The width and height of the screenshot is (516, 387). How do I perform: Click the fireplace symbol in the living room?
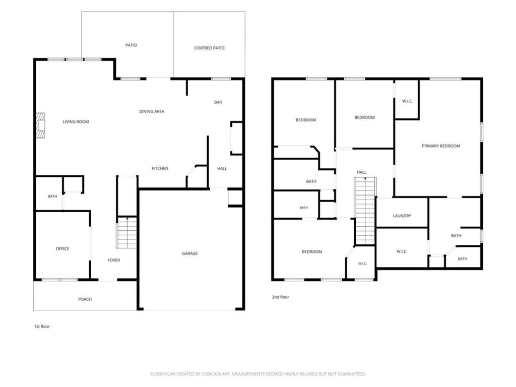(x=40, y=125)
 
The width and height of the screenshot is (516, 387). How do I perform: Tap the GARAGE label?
(x=190, y=253)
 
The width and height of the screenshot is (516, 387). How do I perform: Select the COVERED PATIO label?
(x=209, y=48)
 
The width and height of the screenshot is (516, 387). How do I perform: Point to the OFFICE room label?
(x=62, y=249)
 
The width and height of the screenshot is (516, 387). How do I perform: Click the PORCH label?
(x=85, y=299)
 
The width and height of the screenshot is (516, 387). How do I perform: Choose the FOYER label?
(x=114, y=261)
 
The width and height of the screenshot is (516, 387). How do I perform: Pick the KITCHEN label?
(x=160, y=168)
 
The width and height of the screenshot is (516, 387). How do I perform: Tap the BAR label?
(x=218, y=102)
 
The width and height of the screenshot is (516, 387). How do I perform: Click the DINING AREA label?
(x=152, y=111)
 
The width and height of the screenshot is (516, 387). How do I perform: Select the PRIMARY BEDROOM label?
(x=441, y=146)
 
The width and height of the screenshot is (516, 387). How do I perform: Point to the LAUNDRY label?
(x=402, y=216)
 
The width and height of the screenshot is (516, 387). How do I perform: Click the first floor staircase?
(x=126, y=233)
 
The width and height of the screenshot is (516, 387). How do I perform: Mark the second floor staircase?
(x=365, y=211)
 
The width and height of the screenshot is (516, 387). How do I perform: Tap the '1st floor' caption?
(x=42, y=327)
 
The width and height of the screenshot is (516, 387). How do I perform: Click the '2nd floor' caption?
(x=280, y=297)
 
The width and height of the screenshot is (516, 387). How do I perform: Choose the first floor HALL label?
(x=222, y=169)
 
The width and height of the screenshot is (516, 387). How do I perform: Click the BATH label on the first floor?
(x=52, y=197)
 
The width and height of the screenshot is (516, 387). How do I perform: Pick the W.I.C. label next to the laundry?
(x=402, y=252)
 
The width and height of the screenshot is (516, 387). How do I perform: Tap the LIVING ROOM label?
(x=76, y=122)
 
